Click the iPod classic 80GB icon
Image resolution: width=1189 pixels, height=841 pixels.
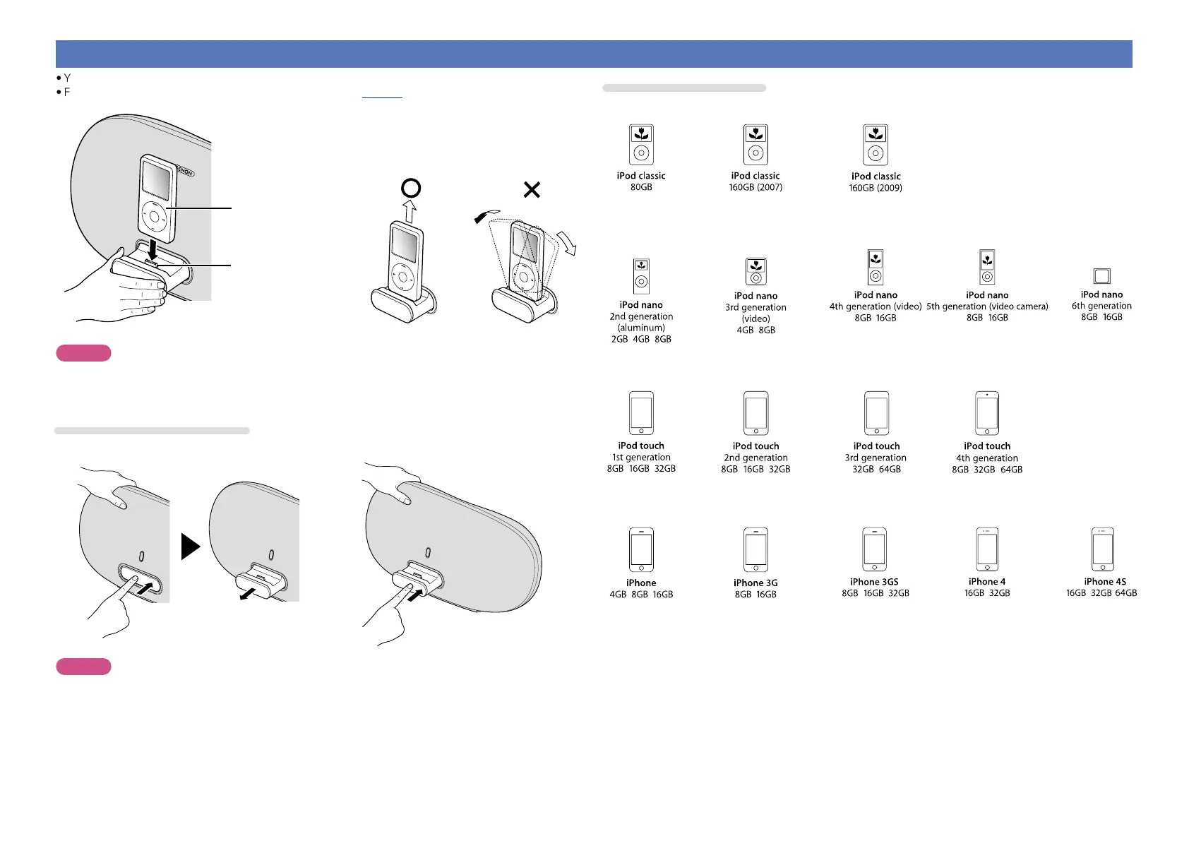pos(641,145)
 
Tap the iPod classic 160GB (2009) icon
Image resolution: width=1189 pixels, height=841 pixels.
pos(876,145)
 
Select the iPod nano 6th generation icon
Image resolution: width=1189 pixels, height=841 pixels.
pos(1101,276)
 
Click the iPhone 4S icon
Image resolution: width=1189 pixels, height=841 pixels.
pos(1102,549)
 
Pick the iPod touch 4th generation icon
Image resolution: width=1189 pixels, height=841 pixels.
pos(987,413)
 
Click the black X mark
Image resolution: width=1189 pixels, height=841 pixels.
pos(532,189)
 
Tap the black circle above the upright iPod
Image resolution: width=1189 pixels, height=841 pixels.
pos(411,188)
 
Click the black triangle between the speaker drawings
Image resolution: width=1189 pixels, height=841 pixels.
pos(190,547)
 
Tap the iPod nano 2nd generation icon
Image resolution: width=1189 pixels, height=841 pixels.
pos(641,276)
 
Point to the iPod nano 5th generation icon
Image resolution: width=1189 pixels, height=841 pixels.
pos(987,268)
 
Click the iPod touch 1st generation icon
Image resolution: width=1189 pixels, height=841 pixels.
pos(641,413)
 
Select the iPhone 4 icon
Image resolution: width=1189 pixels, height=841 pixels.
pos(987,549)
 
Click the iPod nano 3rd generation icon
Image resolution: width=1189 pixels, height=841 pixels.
pos(755,272)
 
